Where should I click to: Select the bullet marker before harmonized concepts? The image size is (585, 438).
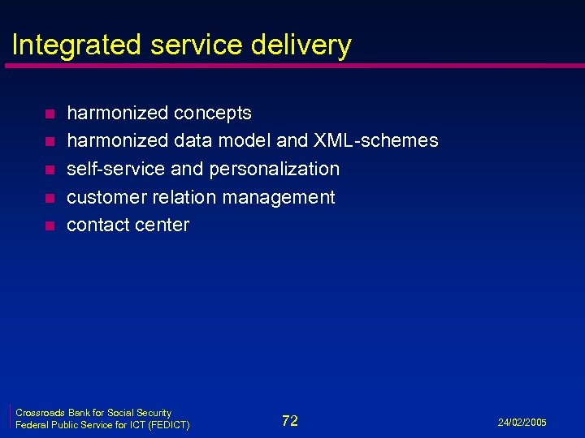[x=49, y=114]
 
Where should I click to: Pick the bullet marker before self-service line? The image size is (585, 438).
[x=49, y=170]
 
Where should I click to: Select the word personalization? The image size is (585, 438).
[x=275, y=169]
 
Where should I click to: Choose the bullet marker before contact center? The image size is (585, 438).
[x=49, y=226]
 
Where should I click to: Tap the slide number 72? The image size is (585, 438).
[x=290, y=420]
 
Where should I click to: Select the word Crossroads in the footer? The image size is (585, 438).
[x=41, y=413]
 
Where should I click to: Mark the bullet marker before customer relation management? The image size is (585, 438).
[x=49, y=198]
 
